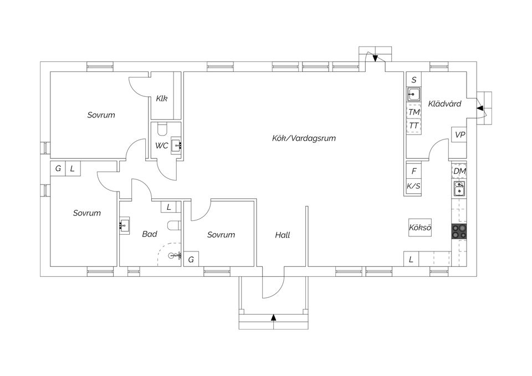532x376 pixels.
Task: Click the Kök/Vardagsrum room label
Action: click(304, 138)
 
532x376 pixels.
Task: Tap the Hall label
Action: click(283, 235)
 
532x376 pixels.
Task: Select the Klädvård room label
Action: click(444, 104)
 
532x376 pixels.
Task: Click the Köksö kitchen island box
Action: click(420, 228)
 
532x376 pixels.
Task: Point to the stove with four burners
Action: click(459, 231)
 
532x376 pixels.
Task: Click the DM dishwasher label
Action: click(459, 171)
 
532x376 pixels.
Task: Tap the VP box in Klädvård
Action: click(459, 135)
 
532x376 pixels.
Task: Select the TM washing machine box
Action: click(414, 112)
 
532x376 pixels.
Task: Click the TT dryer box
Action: click(414, 126)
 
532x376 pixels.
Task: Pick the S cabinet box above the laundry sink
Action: click(414, 80)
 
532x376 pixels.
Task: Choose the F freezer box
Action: click(414, 171)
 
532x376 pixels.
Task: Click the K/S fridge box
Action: click(414, 186)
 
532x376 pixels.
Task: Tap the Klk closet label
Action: click(162, 99)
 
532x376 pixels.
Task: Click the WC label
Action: click(161, 146)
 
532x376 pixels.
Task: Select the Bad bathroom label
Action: click(150, 234)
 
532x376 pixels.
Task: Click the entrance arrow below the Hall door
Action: click(273, 317)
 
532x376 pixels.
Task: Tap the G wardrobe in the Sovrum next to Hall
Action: click(191, 259)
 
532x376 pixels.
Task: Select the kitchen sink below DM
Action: click(459, 190)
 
